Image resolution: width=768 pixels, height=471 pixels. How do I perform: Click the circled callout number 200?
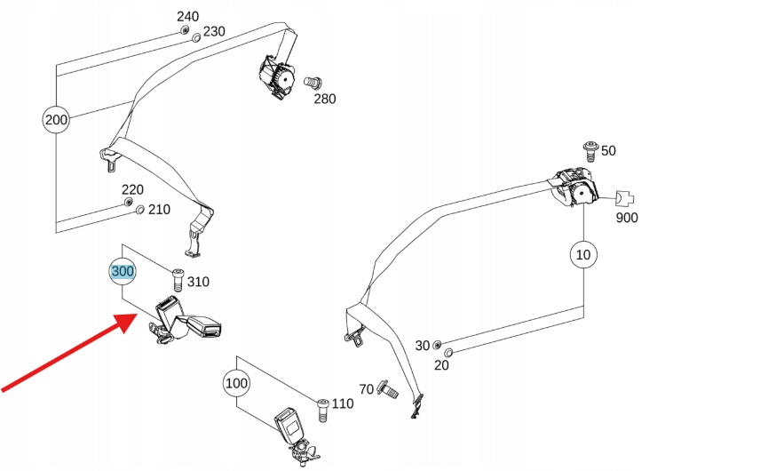point(56,119)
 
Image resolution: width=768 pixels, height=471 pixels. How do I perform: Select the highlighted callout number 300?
point(122,271)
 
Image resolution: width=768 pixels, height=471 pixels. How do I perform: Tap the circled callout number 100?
point(236,384)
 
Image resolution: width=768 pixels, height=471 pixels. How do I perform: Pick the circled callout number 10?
point(582,255)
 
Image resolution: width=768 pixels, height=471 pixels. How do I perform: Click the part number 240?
point(188,16)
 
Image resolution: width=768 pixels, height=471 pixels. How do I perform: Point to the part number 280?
point(325,99)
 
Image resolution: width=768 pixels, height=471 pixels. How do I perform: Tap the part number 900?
point(626,218)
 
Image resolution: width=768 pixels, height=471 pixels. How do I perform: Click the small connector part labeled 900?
point(625,198)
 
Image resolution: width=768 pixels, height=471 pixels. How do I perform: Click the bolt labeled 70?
point(388,387)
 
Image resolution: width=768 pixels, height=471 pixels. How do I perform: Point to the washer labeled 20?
point(447,354)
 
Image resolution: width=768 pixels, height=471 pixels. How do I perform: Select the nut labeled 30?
point(437,344)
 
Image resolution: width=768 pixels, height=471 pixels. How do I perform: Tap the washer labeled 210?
point(140,210)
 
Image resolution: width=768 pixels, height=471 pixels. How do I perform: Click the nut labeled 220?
point(130,203)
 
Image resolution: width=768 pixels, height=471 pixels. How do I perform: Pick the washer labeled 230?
point(196,37)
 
